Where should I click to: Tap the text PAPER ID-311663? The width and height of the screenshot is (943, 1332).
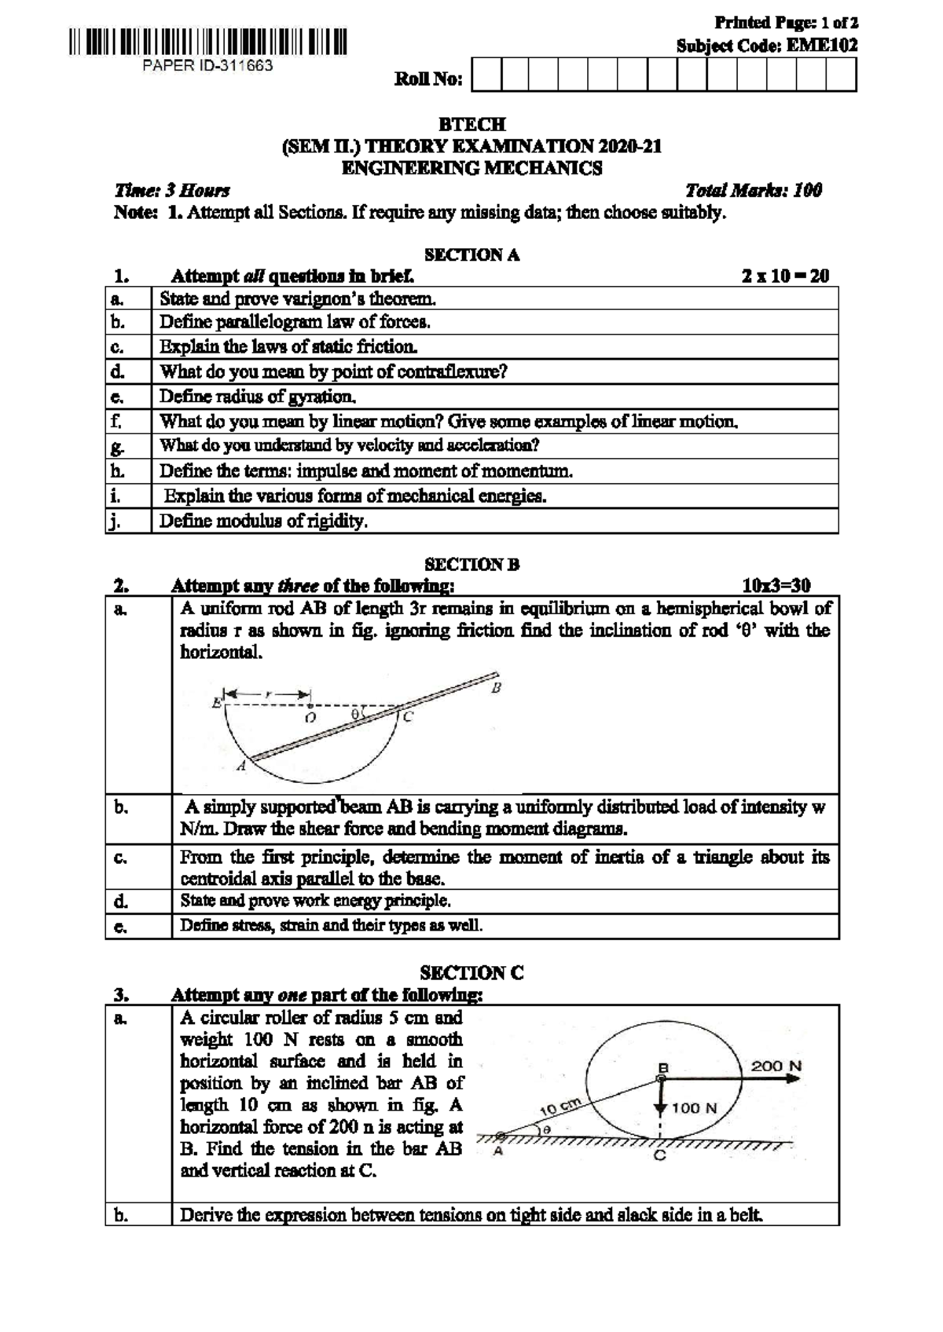[207, 66]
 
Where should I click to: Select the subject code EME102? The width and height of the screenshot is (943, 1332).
[822, 46]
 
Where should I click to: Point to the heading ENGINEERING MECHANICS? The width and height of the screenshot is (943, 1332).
[472, 168]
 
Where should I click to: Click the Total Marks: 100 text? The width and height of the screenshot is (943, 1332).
[753, 190]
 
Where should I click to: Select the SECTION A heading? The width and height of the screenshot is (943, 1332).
[472, 255]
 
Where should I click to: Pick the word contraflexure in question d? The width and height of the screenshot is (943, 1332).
[456, 371]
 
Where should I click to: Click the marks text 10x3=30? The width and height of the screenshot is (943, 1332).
[776, 585]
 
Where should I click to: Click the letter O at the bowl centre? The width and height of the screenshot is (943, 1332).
[310, 718]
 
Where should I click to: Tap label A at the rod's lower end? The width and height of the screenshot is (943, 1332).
[241, 767]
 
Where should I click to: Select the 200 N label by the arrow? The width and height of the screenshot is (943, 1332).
[776, 1066]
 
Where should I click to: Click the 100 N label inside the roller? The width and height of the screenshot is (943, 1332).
[695, 1108]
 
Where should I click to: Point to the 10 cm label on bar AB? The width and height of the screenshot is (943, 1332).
[559, 1108]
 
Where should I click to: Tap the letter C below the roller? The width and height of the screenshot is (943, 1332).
[660, 1156]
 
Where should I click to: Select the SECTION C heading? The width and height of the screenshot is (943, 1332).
[472, 973]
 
